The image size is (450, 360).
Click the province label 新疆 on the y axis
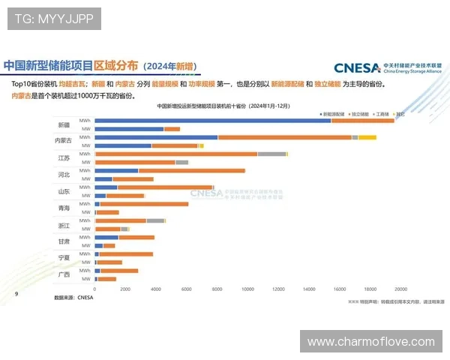pos(64,124)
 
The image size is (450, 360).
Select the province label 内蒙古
pos(64,141)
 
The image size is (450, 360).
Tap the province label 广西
pos(64,274)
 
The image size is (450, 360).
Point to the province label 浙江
pos(64,225)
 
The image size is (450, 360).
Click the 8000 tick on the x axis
pos(217,289)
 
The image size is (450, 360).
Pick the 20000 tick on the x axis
pos(400,289)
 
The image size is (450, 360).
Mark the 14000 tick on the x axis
pos(308,289)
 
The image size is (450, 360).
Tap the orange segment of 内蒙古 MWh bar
pos(284,137)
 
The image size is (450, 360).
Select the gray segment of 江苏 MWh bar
pos(271,154)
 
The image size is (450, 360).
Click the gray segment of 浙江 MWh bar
pos(155,220)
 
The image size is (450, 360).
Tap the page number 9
pos(16,294)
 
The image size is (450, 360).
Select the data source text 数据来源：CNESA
pos(74,298)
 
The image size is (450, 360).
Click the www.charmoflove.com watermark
pos(370,342)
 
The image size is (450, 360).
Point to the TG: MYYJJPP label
pos(54,18)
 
